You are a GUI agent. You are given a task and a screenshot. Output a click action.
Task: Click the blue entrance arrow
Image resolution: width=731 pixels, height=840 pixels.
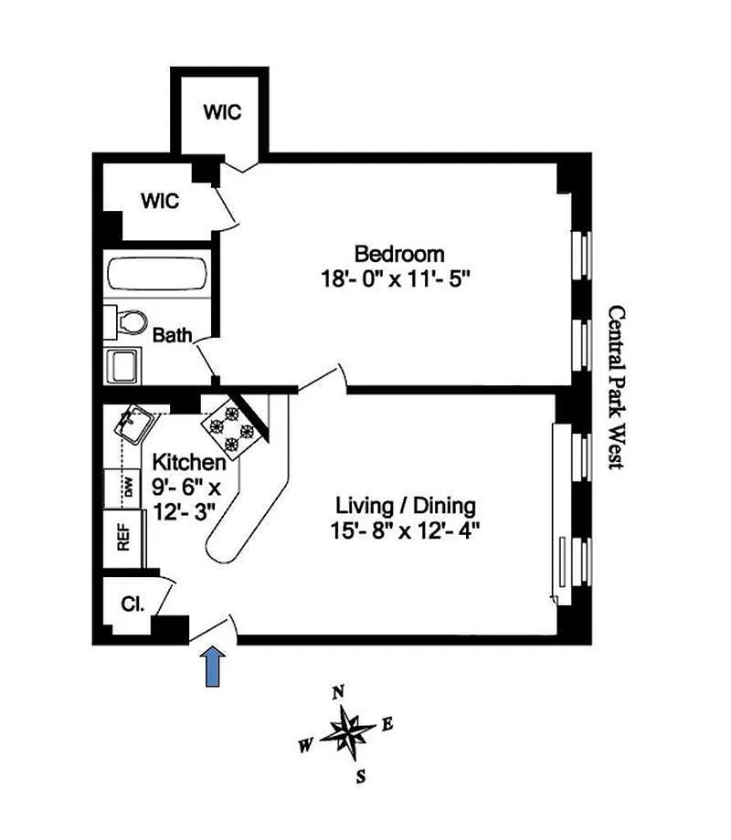tap(213, 667)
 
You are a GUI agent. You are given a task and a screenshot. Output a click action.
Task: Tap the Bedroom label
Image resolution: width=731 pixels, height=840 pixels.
tap(399, 254)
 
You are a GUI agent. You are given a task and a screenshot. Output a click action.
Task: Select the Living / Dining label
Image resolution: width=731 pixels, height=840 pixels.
tap(406, 505)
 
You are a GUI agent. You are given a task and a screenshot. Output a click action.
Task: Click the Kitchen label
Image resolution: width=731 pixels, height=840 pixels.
tap(189, 462)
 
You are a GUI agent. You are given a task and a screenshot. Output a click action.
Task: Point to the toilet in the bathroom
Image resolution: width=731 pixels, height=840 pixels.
tap(131, 321)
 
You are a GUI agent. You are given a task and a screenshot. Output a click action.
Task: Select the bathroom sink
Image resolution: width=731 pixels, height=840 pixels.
tap(124, 366)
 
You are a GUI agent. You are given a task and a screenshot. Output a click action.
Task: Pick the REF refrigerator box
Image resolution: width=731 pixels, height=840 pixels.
tap(122, 535)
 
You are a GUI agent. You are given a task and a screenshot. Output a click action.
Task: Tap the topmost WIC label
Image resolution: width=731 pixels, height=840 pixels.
tap(222, 112)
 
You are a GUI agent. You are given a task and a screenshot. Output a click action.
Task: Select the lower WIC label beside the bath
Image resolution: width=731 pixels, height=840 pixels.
tap(160, 200)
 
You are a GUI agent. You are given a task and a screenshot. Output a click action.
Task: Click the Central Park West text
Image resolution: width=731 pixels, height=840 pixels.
tap(617, 387)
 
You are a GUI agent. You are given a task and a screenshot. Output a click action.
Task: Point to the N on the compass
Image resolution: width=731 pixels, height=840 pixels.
tap(338, 691)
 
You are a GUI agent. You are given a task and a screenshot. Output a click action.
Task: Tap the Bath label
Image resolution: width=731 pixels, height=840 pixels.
tap(172, 336)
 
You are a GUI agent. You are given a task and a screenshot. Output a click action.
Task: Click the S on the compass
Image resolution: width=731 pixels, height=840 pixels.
tap(362, 777)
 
